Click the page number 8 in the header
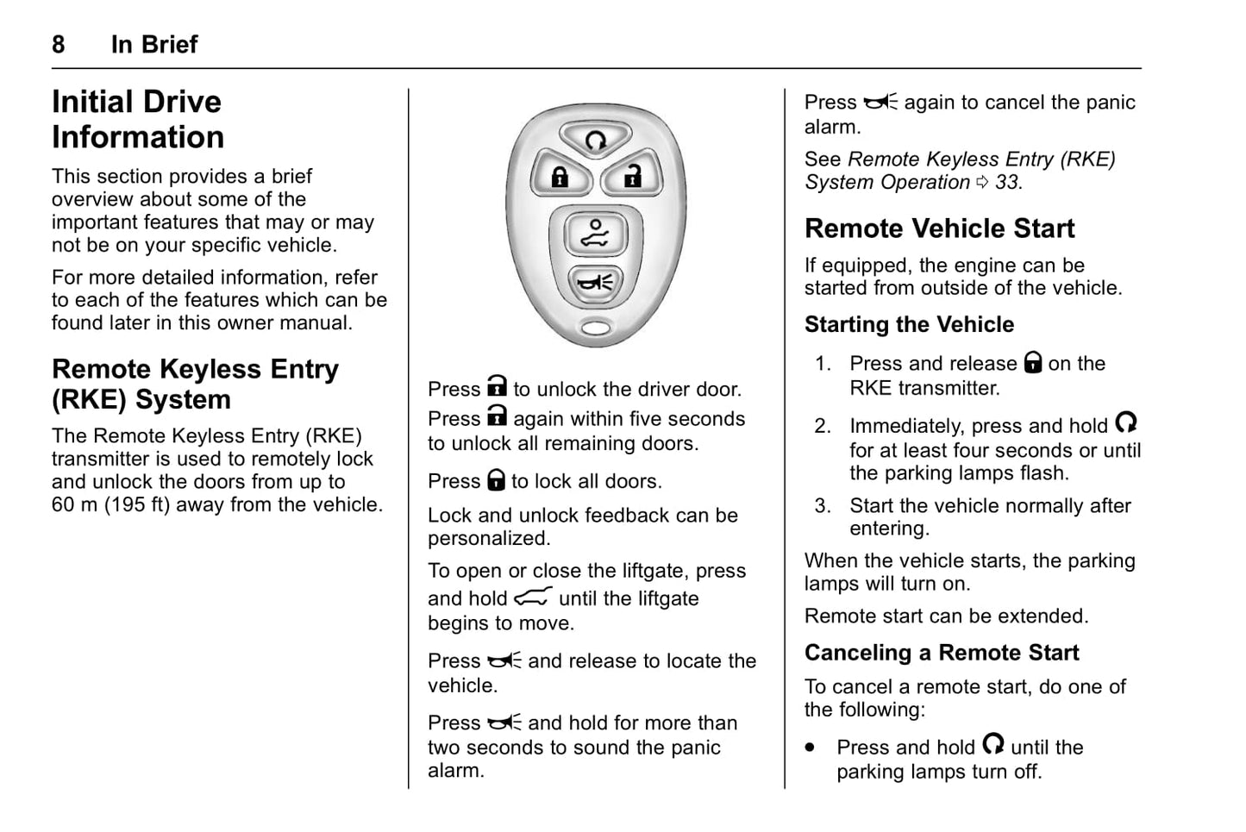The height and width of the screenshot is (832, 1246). [x=59, y=44]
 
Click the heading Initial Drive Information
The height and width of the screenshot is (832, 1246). [x=138, y=119]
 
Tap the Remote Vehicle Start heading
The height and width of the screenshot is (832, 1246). [x=939, y=228]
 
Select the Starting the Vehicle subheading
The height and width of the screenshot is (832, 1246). [x=909, y=325]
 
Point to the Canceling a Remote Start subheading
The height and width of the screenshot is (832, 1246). [x=941, y=653]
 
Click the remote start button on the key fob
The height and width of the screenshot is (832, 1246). [x=596, y=140]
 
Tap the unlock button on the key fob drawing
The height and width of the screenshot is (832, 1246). [x=632, y=177]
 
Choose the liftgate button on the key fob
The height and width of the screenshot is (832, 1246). [x=595, y=234]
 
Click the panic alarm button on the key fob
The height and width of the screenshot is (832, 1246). [x=595, y=281]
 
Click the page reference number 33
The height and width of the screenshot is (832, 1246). [x=1006, y=183]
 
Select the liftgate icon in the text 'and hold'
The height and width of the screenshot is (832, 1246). [x=533, y=597]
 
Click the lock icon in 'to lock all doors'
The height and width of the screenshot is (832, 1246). [x=496, y=480]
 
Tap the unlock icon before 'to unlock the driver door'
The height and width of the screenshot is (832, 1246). [x=497, y=387]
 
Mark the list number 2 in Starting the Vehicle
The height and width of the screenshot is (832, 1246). [x=823, y=426]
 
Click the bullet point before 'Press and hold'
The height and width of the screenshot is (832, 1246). [x=810, y=748]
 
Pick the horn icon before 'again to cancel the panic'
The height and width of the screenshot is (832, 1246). [x=880, y=103]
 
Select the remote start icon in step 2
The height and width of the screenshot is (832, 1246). [x=1126, y=422]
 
